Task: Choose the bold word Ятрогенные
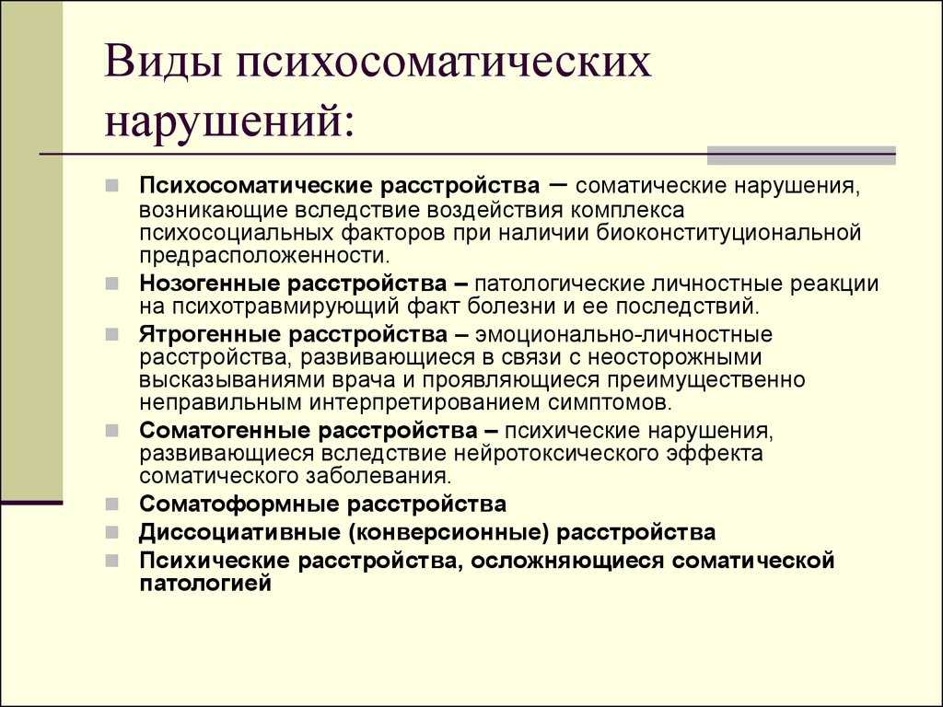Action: (209, 334)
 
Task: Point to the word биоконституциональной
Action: (729, 233)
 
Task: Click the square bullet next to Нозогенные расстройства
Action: (111, 284)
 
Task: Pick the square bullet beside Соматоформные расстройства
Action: (111, 504)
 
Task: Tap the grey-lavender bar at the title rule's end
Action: (801, 155)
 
